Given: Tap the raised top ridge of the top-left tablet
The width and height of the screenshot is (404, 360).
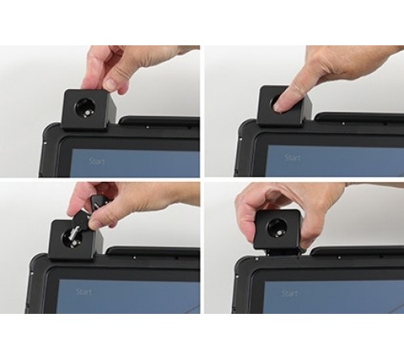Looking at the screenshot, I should click(x=158, y=122).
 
